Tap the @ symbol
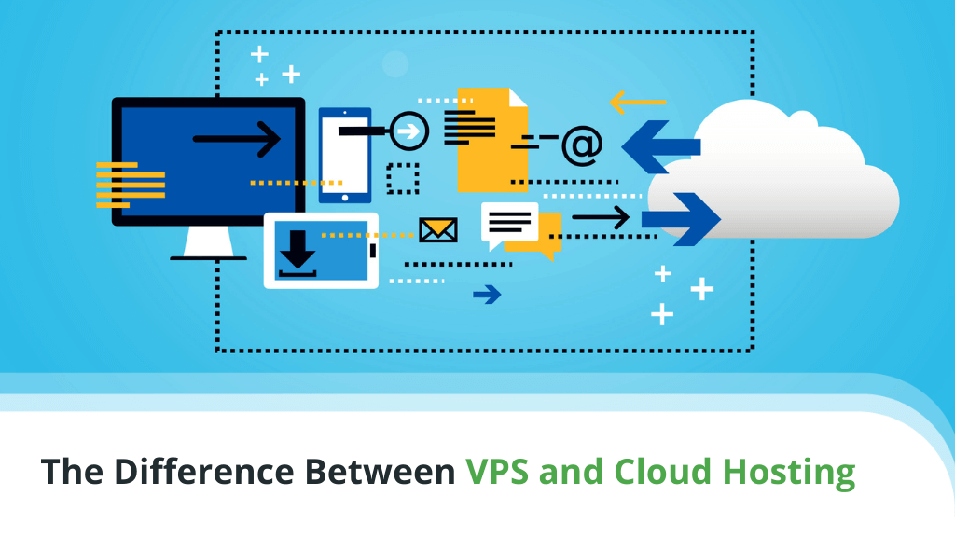[582, 145]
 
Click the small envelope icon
[437, 229]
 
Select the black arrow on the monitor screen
[237, 139]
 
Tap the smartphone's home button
[345, 197]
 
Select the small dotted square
[403, 178]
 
